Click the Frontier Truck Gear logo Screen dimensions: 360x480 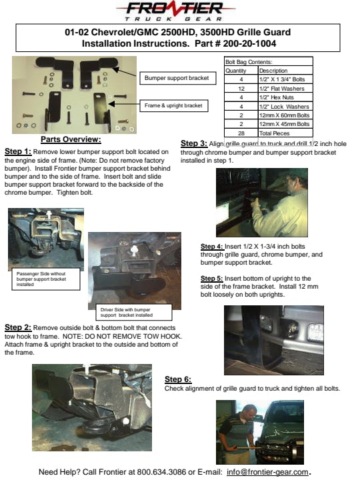[x=175, y=11]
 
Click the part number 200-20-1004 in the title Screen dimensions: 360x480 [x=249, y=43]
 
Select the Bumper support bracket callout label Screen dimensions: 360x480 [x=178, y=78]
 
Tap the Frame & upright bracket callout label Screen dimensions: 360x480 [x=174, y=105]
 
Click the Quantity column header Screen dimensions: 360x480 [x=236, y=71]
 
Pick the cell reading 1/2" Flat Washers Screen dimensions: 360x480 [x=281, y=89]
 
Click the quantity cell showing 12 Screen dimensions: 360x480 [x=241, y=89]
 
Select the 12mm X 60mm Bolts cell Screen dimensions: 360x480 [x=285, y=115]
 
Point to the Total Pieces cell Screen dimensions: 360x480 [x=274, y=133]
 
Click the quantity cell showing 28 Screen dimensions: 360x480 [x=241, y=133]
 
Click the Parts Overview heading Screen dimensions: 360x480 [x=71, y=139]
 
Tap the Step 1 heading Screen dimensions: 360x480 [x=18, y=151]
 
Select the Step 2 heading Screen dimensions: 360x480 [x=18, y=327]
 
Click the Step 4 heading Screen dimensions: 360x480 [x=212, y=247]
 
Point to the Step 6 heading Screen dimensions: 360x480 [x=178, y=379]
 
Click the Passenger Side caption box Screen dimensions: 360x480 [x=46, y=279]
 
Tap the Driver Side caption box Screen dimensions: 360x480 [x=134, y=312]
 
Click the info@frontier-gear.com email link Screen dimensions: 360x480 [x=267, y=472]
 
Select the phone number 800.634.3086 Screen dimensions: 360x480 [x=161, y=472]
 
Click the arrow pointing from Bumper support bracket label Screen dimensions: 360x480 [x=125, y=73]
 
